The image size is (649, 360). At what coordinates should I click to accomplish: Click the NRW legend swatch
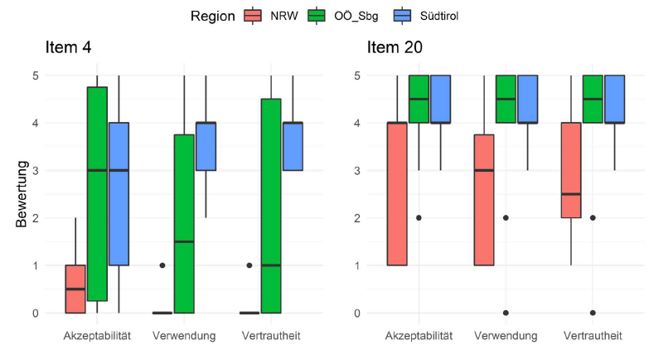(x=254, y=16)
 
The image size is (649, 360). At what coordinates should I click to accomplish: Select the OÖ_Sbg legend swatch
(x=316, y=16)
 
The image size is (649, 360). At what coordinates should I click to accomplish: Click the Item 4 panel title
(x=68, y=47)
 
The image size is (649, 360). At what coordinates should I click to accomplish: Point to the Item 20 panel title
(x=395, y=47)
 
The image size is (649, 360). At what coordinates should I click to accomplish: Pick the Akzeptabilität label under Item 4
(x=97, y=336)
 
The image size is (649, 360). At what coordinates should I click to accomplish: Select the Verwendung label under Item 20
(x=506, y=336)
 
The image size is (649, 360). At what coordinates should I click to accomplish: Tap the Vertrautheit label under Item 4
(x=271, y=336)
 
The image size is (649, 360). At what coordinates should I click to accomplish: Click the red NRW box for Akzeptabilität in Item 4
(x=75, y=289)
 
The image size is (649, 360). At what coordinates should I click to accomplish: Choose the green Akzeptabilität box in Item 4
(x=97, y=193)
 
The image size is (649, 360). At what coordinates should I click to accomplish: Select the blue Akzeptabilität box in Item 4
(x=119, y=194)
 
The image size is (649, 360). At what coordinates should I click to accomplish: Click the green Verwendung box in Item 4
(x=184, y=224)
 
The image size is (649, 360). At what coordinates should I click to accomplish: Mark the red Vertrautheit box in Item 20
(x=571, y=170)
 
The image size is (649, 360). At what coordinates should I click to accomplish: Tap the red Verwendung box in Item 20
(x=483, y=199)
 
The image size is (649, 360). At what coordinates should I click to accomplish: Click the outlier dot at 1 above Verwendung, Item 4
(x=162, y=265)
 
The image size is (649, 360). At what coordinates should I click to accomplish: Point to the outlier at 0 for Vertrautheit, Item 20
(x=593, y=313)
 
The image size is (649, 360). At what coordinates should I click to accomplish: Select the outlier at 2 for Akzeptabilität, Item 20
(x=419, y=217)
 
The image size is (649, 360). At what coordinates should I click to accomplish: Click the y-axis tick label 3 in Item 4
(x=34, y=170)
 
